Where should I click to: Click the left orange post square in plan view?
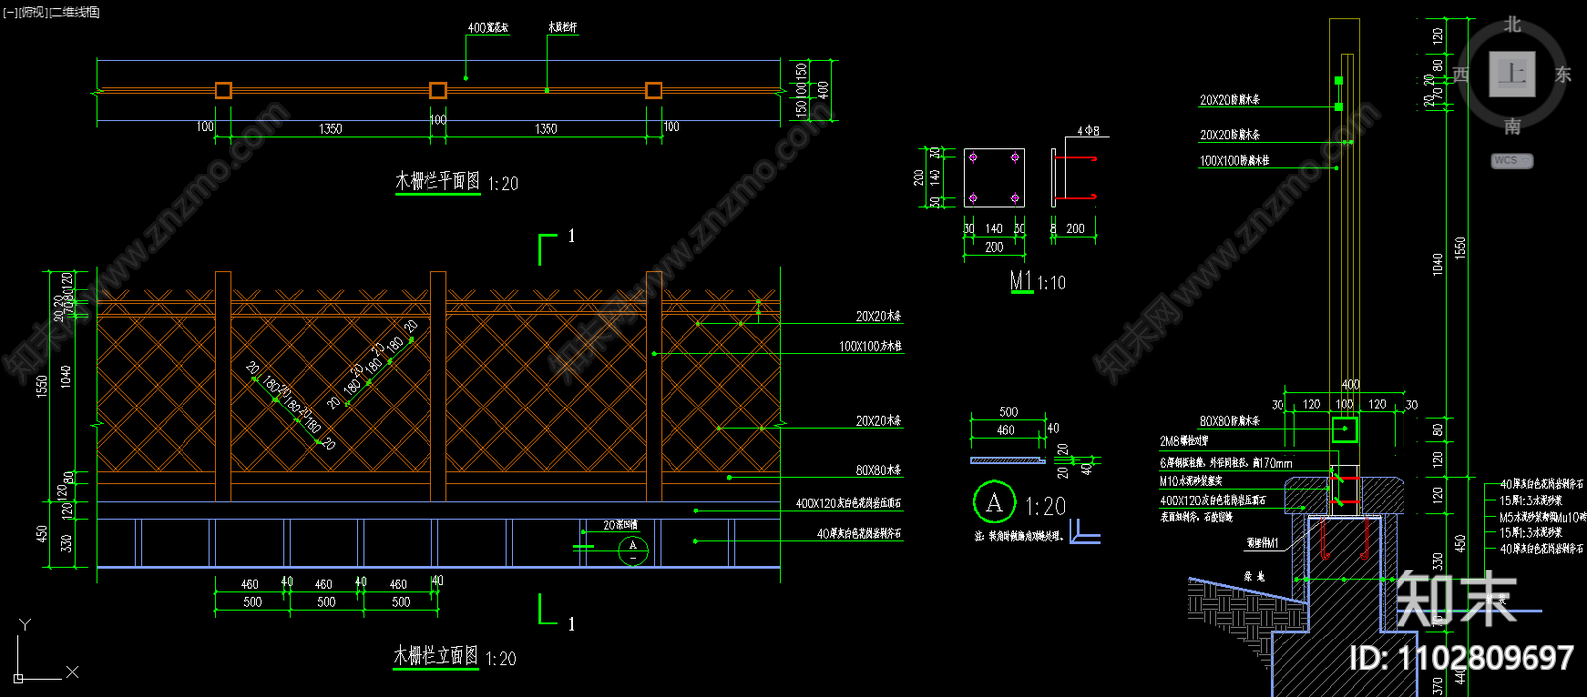pos(223,91)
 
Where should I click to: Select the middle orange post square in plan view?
pos(438,91)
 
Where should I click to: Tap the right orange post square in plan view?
pos(653,91)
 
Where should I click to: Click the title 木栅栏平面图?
pos(437,181)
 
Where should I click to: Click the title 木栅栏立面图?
pos(435,656)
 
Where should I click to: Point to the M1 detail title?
pos(1021,282)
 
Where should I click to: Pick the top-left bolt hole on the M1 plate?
pos(973,158)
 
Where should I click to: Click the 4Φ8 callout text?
pos(1088,131)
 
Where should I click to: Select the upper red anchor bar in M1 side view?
pos(1076,158)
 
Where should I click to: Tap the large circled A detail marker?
pos(994,503)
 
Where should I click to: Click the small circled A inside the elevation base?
pos(633,548)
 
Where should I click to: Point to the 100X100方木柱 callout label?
pos(870,347)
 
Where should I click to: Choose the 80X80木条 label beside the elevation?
pos(878,471)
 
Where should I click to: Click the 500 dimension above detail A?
pos(1008,412)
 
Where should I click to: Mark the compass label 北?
pos(1512,24)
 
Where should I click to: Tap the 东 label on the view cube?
pos(1563,75)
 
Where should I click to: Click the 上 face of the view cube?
pos(1512,74)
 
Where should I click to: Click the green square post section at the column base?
pos(1345,429)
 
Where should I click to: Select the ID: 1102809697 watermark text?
pos(1461,658)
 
